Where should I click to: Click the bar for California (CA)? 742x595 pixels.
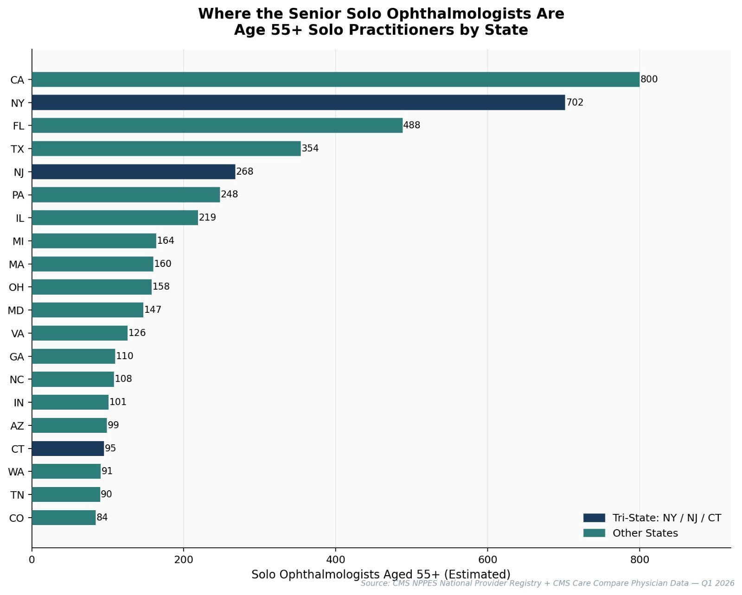coord(335,79)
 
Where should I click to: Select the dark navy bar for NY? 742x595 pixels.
coord(298,102)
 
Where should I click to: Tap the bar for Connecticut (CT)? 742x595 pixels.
coord(68,449)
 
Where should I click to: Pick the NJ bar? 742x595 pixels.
coord(134,171)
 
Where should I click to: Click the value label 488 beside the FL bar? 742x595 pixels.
coord(412,125)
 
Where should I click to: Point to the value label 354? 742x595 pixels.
coord(310,148)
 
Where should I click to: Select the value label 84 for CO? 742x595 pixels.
coord(102,517)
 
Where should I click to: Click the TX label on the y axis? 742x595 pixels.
coord(18,149)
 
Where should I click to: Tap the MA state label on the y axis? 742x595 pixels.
coord(17,265)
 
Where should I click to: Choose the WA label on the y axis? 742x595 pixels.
coord(16,472)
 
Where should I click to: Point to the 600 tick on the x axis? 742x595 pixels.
coord(487,560)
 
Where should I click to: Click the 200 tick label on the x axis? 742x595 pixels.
coord(184,560)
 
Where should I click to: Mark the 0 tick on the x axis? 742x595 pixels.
coord(32,560)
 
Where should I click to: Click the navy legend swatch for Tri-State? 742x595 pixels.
coord(594,518)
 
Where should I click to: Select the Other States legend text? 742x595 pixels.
coord(645,533)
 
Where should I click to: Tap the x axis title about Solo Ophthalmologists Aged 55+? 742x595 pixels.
coord(381,575)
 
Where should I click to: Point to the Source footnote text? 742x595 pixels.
coord(547,583)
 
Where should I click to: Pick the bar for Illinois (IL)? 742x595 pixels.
coord(115,218)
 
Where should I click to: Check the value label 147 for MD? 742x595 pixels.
coord(153,310)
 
